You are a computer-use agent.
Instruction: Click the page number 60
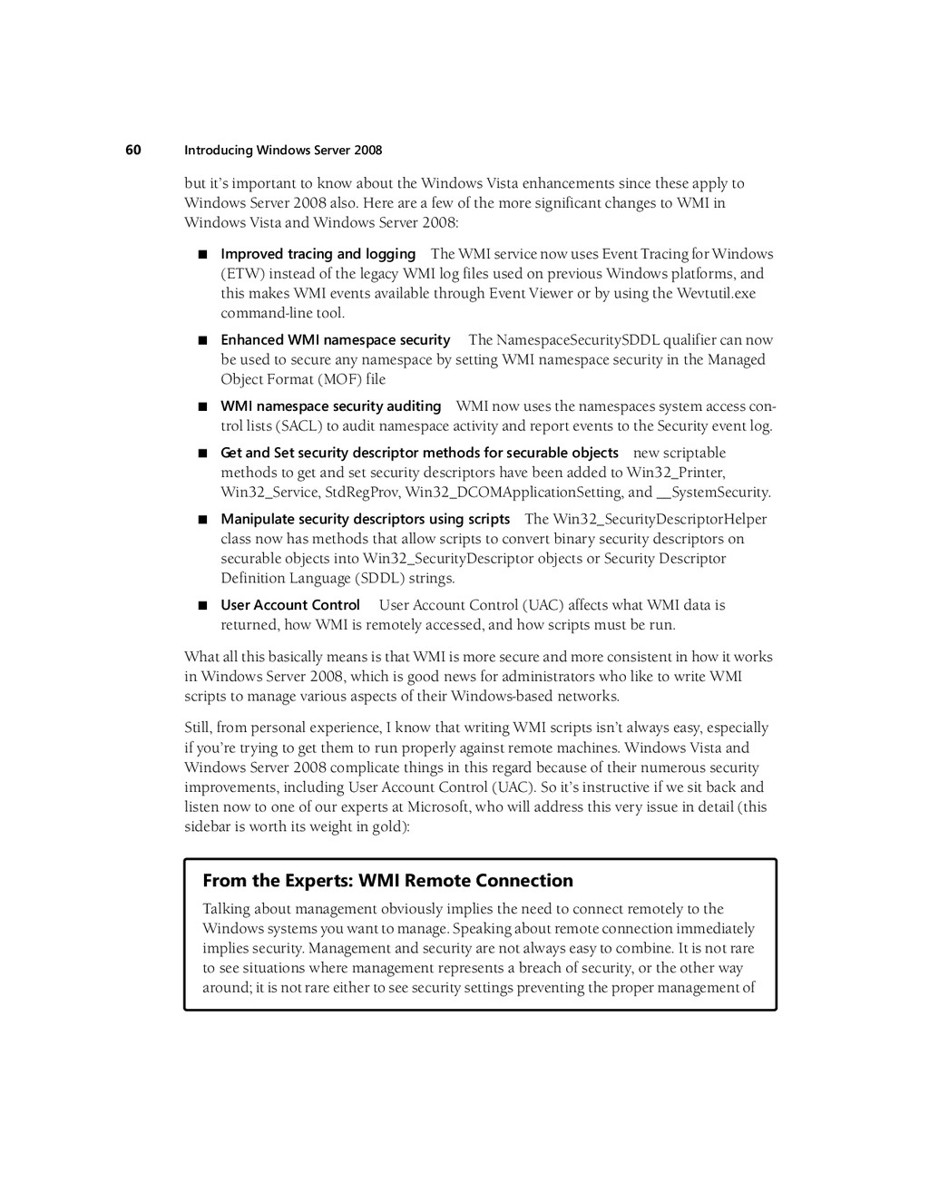(x=133, y=150)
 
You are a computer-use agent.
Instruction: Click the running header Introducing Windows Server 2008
(x=283, y=151)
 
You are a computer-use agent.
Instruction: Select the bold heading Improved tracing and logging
(x=318, y=254)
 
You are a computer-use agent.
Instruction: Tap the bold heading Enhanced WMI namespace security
(x=336, y=340)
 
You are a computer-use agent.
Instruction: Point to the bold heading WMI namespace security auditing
(x=330, y=406)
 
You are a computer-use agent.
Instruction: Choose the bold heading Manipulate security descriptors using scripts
(x=365, y=519)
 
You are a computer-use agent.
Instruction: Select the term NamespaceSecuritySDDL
(x=577, y=340)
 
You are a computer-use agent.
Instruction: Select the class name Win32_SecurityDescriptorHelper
(x=660, y=519)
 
